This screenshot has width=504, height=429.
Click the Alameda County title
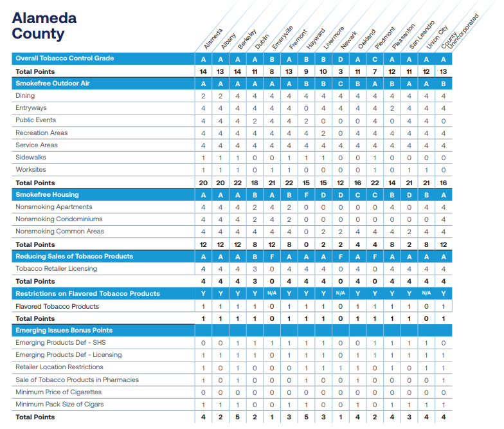pos(44,26)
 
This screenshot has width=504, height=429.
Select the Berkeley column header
pos(247,39)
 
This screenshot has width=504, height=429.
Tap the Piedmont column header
pos(384,38)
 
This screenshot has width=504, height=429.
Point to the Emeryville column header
pos(282,37)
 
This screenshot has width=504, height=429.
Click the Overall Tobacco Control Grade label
pos(64,58)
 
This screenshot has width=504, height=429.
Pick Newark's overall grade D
pos(341,59)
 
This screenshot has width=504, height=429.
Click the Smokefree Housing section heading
pos(48,194)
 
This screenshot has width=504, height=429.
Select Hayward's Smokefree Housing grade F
pos(306,196)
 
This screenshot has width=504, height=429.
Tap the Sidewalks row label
pos(31,157)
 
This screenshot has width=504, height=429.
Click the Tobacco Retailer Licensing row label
pos(57,269)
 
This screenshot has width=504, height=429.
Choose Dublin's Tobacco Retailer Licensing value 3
pos(255,269)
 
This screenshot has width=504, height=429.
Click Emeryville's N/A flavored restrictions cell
pos(272,293)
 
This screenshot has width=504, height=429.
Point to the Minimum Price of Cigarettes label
pos(59,392)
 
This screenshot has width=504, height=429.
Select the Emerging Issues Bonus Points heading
pos(64,331)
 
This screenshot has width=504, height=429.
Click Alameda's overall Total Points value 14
pos(203,72)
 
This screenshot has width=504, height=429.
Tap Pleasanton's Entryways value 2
pos(392,108)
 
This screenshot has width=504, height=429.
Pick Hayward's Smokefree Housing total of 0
pos(306,244)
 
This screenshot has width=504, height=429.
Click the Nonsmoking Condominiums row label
pos(59,219)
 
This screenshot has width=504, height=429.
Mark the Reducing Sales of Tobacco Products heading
pos(75,256)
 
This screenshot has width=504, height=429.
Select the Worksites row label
pos(31,170)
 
